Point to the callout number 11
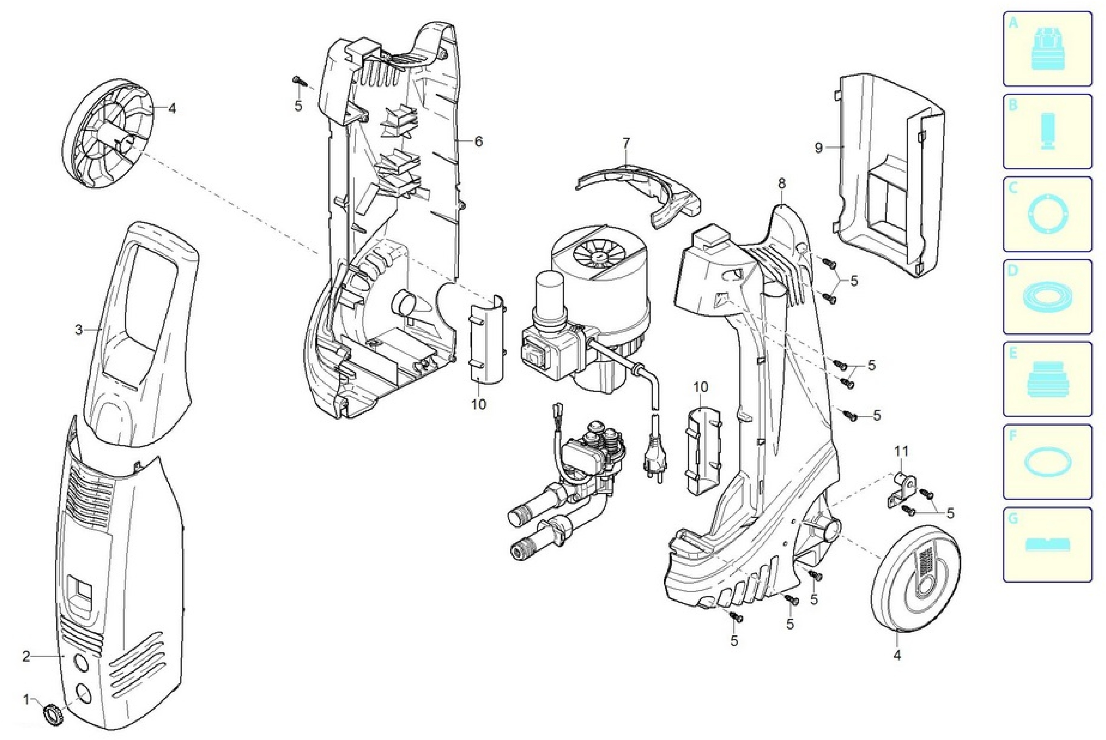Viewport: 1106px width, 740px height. [x=901, y=451]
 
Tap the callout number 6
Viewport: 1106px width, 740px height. [x=479, y=141]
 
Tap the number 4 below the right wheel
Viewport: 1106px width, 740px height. [x=897, y=655]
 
